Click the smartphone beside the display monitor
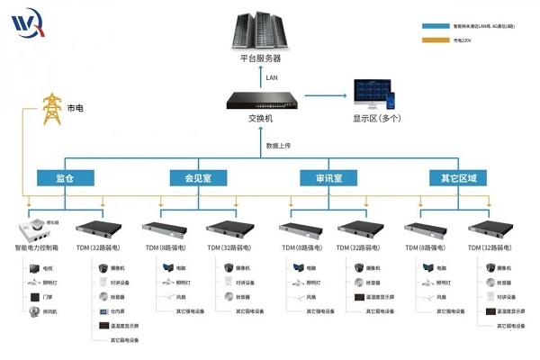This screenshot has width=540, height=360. (x=400, y=94)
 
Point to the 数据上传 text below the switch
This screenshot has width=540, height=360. (x=277, y=145)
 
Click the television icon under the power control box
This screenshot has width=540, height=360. (x=39, y=268)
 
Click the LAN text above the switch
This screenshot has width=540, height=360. (x=271, y=77)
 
